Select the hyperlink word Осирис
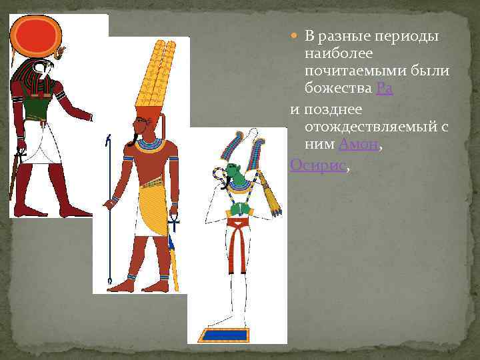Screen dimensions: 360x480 point(318,164)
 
